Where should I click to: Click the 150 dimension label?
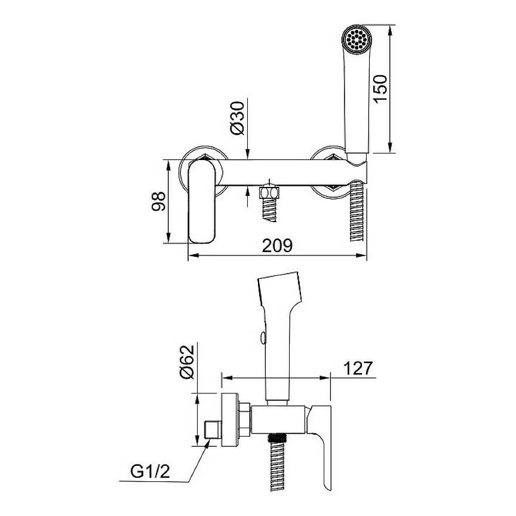pos(380,88)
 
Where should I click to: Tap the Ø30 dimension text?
pos(238,118)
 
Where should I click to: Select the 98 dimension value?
pos(158,201)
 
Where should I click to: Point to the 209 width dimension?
pos(277,245)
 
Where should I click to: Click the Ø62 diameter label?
pos(188,362)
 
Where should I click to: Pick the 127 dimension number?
pos(358,368)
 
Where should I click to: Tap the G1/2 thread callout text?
pos(150,472)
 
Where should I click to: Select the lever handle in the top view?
pos(202,202)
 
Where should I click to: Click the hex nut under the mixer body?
pos(269,192)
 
